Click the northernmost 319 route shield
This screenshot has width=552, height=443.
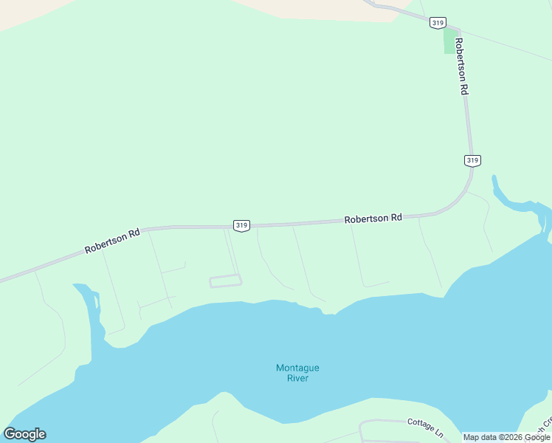438,23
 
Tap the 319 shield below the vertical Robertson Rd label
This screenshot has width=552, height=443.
473,160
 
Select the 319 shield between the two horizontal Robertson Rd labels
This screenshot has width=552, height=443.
241,225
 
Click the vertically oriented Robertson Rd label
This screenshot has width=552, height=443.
462,66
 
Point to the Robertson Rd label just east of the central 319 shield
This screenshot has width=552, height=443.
373,219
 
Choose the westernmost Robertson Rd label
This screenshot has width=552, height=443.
112,241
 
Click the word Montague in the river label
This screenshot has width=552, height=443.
297,368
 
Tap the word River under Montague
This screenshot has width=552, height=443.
297,378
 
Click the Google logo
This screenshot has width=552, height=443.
24,434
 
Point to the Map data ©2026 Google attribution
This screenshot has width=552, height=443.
506,437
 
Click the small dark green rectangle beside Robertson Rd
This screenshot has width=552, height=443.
449,41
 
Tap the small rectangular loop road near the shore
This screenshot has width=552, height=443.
226,281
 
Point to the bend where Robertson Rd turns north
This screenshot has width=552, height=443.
461,195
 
